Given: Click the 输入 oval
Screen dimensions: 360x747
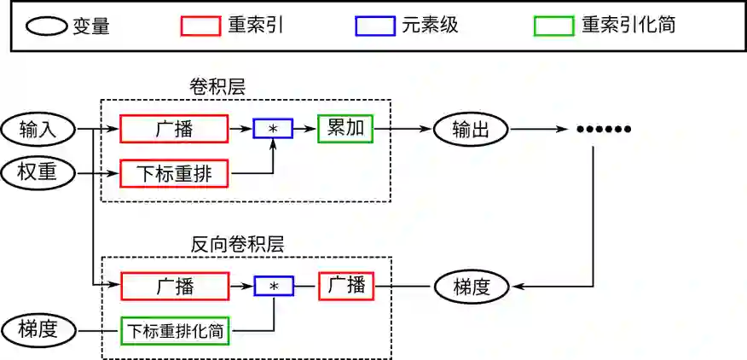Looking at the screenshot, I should click(x=38, y=130).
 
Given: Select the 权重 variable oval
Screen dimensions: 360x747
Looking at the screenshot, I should click(x=38, y=173).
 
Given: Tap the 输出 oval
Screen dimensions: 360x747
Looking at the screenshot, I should click(x=471, y=130).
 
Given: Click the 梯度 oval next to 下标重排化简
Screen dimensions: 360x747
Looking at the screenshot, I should click(x=38, y=329).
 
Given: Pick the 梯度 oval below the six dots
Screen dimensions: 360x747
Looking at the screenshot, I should click(x=471, y=287).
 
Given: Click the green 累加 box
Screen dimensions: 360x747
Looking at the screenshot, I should click(x=345, y=129).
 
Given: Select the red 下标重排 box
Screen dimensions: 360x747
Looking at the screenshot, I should click(x=175, y=174).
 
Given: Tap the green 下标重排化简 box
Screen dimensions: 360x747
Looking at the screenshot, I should click(x=177, y=330).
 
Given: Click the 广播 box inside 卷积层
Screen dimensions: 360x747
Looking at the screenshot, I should click(x=174, y=129).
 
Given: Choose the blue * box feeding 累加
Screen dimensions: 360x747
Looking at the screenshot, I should click(x=273, y=129).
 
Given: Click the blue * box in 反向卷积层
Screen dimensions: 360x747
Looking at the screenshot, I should click(x=274, y=287).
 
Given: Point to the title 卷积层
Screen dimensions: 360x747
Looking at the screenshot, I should click(x=218, y=87).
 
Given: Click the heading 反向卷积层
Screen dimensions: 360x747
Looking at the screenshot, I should click(x=237, y=243).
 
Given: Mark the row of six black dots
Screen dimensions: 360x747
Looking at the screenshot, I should click(x=603, y=130).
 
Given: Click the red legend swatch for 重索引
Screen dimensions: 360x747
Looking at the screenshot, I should click(x=200, y=26).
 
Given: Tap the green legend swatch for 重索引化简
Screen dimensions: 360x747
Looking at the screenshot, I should click(x=553, y=26).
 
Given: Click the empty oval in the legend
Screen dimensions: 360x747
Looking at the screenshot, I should click(x=46, y=26).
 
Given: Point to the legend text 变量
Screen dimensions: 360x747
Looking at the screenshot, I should click(x=91, y=26).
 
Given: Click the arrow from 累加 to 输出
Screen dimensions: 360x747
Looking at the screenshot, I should click(x=402, y=130).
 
